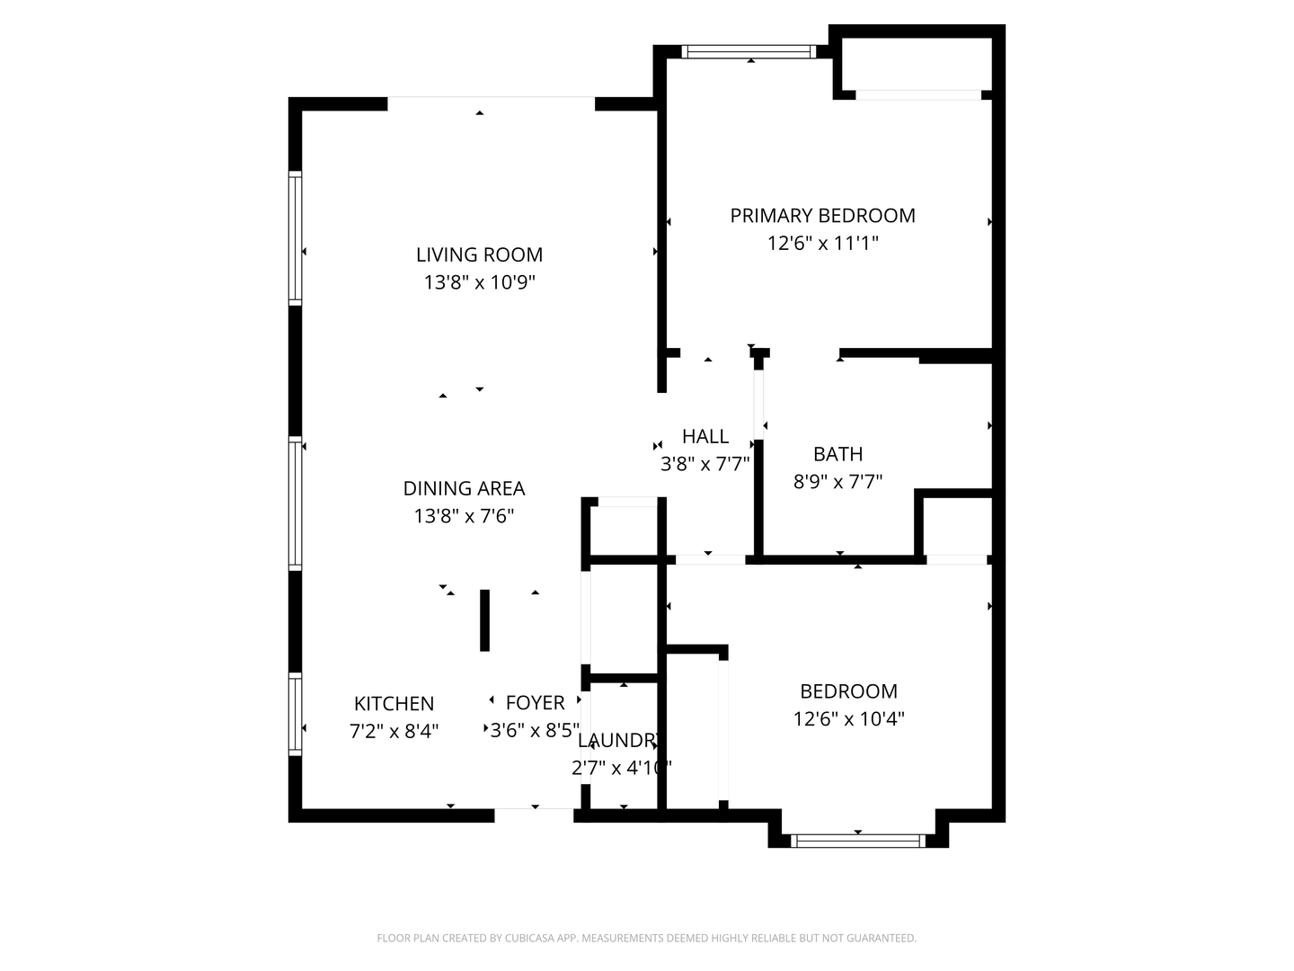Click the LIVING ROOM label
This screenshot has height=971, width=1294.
point(479,254)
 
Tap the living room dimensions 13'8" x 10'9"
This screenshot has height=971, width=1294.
point(479,282)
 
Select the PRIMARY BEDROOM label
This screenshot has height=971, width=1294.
point(822,216)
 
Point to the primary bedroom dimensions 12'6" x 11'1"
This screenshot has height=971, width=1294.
point(822,243)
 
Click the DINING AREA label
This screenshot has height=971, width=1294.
point(464,488)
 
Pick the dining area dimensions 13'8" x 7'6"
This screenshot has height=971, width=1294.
point(464,516)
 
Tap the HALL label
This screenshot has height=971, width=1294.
point(705,437)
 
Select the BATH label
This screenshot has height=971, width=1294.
point(838,454)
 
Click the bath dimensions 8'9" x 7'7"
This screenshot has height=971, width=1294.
point(838,482)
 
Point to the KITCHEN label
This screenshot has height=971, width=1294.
point(394,704)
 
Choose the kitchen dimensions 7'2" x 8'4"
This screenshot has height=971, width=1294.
point(394,731)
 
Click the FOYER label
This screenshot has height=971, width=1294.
point(535,703)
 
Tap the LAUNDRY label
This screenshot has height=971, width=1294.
point(620,741)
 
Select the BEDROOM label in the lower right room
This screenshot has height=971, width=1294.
point(848,691)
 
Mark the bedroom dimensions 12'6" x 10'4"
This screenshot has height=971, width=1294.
point(848,719)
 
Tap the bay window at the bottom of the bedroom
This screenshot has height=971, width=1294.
point(858,842)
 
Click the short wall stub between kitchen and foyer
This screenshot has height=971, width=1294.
point(484,619)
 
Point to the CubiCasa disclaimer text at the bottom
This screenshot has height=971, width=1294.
point(646,938)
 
